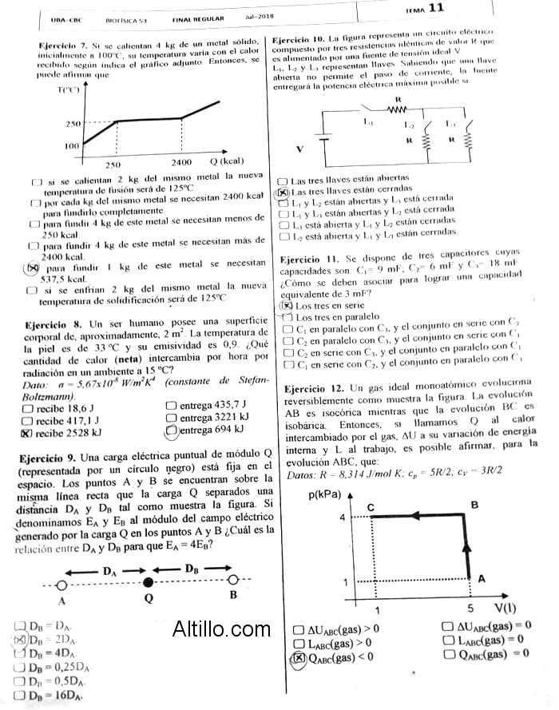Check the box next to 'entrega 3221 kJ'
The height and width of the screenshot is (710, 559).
tap(171, 418)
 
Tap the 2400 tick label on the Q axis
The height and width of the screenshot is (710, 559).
tap(181, 162)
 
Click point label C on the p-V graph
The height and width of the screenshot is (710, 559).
tap(371, 508)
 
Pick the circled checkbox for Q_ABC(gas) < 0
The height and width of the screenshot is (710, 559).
tap(299, 657)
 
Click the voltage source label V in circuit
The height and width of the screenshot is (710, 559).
tap(300, 149)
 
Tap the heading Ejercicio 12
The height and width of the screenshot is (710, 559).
tap(313, 389)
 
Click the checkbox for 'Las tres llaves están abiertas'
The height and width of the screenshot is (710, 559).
tap(282, 182)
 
